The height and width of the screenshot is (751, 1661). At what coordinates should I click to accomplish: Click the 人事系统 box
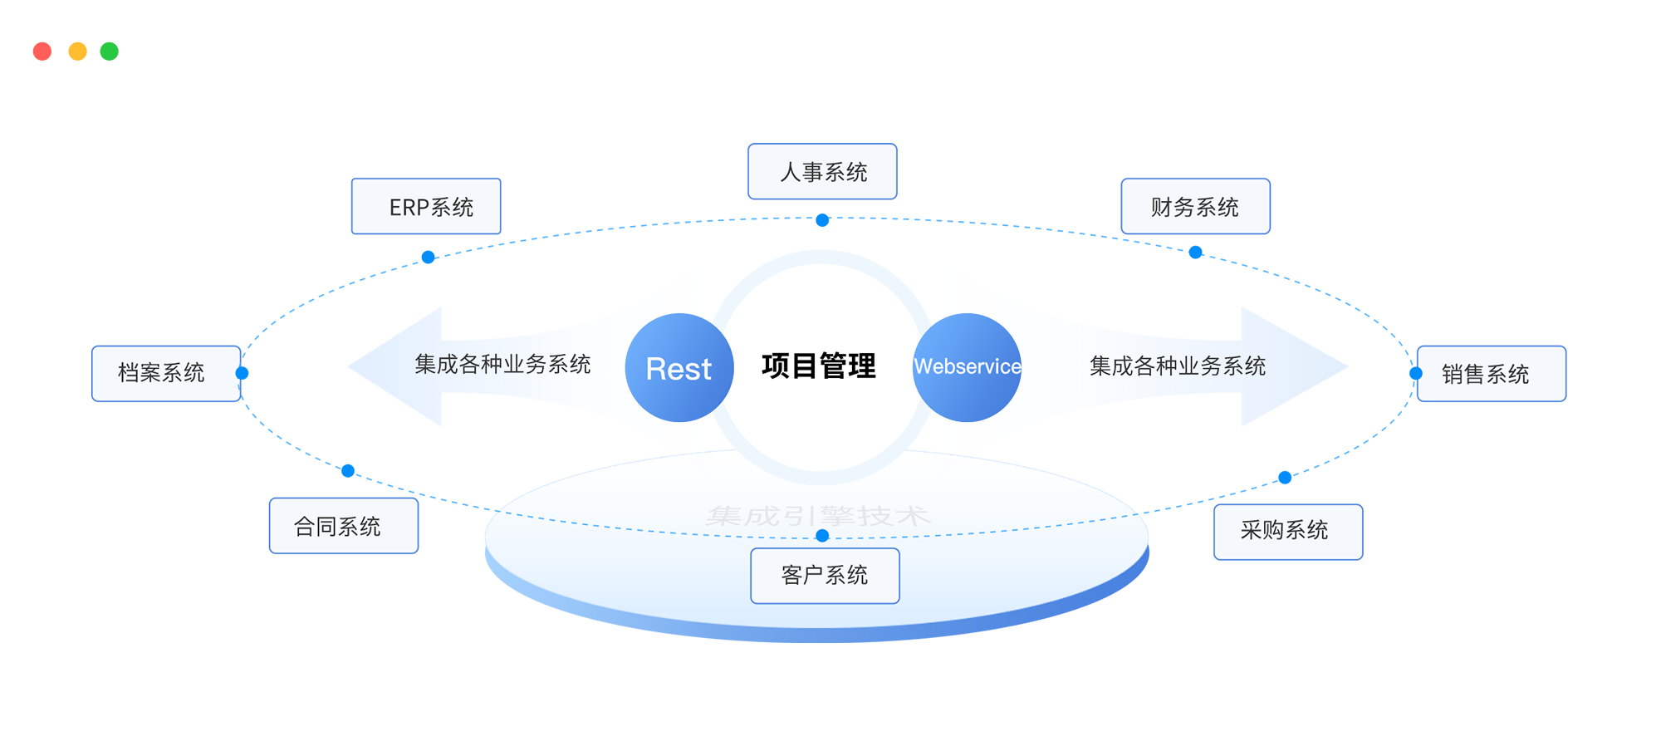[822, 172]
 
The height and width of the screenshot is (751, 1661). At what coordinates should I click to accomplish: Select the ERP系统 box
[426, 207]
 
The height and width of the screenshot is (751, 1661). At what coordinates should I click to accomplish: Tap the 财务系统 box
[1195, 207]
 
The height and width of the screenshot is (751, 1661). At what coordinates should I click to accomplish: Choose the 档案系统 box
[166, 373]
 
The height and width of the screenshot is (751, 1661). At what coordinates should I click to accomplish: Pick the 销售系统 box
[1491, 374]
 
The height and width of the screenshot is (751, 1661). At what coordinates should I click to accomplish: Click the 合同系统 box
[344, 526]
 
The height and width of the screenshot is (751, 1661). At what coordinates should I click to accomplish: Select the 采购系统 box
[1288, 532]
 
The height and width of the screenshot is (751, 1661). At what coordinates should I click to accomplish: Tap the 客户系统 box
[825, 576]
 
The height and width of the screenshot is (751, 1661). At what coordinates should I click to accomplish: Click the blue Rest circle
[679, 367]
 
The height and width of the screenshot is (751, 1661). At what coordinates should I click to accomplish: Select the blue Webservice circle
[967, 367]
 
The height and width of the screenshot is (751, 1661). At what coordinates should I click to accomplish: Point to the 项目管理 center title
[819, 366]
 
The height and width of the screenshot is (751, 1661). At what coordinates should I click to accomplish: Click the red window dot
[42, 52]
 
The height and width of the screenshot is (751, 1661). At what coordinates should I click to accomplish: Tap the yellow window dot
[77, 52]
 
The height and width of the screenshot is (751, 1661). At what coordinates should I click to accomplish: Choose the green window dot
[110, 52]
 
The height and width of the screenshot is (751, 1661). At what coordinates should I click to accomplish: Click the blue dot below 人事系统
[822, 220]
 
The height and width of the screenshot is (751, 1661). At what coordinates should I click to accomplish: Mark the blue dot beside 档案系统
[243, 373]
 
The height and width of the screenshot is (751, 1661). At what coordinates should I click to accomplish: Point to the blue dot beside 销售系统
[1416, 374]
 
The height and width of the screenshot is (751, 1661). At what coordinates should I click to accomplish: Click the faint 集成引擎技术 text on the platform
[818, 516]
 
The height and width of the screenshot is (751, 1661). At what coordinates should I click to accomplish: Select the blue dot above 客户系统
[822, 536]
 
